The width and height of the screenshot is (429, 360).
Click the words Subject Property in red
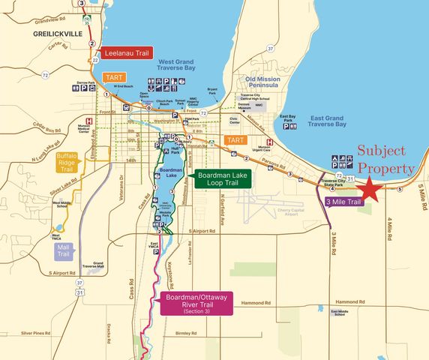[x=385, y=159]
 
